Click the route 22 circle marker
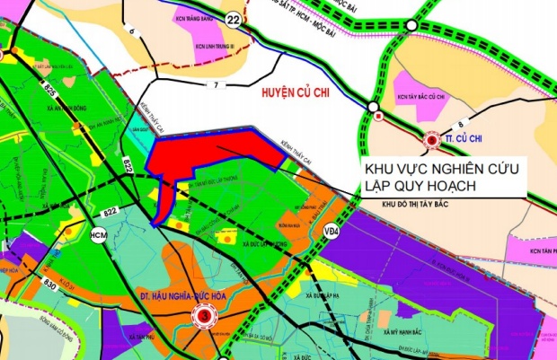(233, 20)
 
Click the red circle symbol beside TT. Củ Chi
(432, 140)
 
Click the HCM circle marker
(99, 234)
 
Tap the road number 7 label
(216, 86)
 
